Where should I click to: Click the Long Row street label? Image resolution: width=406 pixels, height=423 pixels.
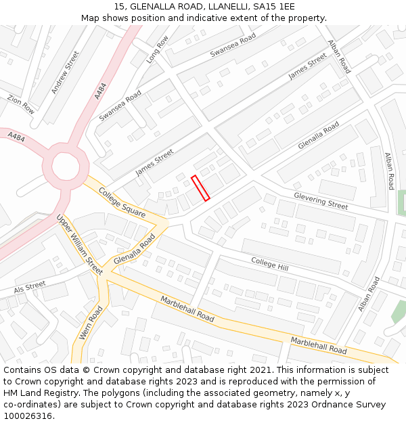[157, 50]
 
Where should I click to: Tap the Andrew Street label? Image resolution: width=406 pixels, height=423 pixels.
[65, 72]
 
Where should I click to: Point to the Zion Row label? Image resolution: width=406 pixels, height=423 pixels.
[20, 104]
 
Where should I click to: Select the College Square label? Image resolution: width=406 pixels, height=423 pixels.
[122, 202]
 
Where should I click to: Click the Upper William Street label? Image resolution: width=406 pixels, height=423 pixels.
[79, 244]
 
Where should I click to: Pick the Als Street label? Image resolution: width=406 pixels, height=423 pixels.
[29, 287]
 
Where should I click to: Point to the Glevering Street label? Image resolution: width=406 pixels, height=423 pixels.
[321, 200]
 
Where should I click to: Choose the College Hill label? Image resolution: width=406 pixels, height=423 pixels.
[269, 265]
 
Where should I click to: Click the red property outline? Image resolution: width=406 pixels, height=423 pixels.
[200, 188]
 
